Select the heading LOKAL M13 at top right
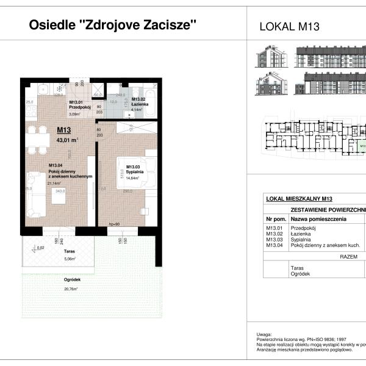click(290, 26)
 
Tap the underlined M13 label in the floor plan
click(64, 129)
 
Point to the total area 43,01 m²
click(68, 139)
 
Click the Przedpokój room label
click(80, 108)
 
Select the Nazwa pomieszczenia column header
click(318, 218)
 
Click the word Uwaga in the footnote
click(264, 334)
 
